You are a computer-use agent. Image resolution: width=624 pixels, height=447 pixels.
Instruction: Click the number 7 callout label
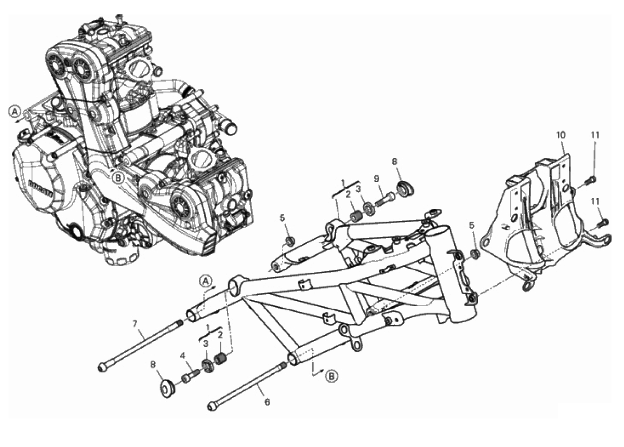click(x=135, y=324)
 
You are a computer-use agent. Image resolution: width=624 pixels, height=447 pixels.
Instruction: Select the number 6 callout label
click(x=267, y=402)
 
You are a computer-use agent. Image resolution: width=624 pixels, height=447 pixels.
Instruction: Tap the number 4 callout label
click(x=183, y=356)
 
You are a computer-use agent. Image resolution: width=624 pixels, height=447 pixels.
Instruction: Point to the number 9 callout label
click(x=377, y=179)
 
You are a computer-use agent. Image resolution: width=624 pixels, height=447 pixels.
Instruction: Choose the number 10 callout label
click(x=561, y=135)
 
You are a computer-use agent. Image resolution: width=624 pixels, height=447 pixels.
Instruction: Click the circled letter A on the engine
click(x=15, y=112)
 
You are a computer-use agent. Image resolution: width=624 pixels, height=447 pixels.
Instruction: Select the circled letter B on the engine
click(x=118, y=178)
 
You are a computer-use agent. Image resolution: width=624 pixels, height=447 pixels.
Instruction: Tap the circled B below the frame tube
click(x=332, y=376)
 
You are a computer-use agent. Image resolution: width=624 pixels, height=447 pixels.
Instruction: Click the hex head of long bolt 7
click(x=102, y=367)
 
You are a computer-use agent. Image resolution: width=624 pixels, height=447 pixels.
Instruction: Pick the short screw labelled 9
click(x=385, y=198)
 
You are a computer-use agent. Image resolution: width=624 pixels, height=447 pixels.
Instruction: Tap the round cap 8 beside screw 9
click(x=406, y=189)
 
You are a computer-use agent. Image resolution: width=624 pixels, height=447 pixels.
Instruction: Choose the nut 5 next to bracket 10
click(x=475, y=254)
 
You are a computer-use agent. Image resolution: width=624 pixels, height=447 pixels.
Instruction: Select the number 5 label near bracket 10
click(x=472, y=225)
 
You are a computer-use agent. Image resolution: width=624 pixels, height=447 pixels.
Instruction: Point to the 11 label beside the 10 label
click(x=595, y=135)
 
